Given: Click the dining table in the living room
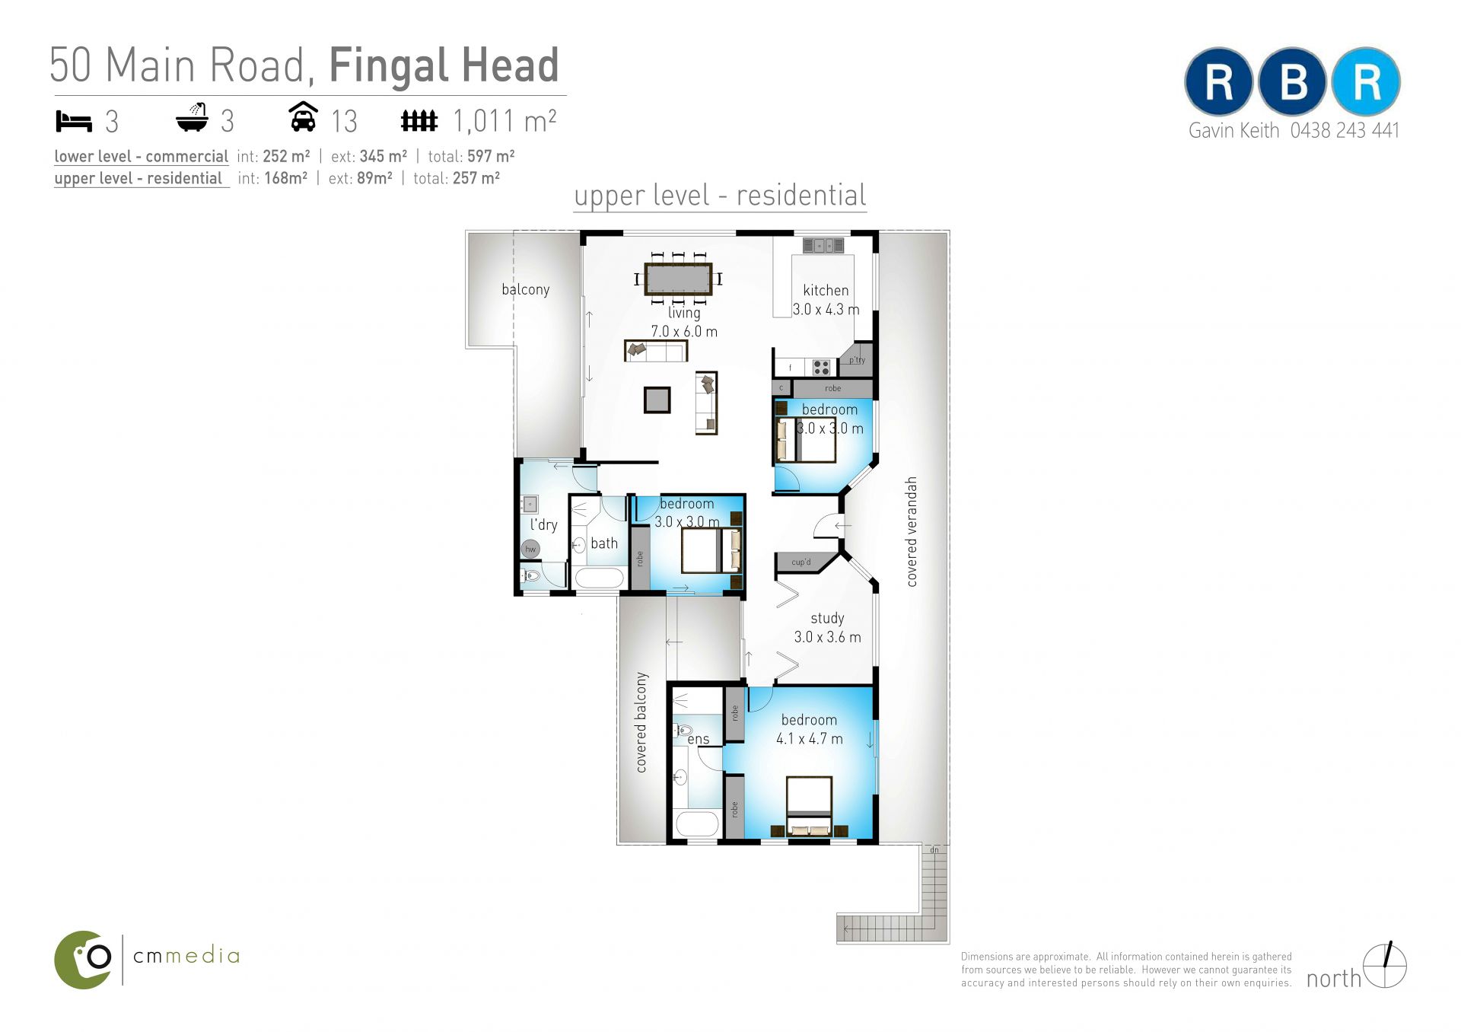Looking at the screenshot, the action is point(678,279).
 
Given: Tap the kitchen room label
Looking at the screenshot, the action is point(826,290).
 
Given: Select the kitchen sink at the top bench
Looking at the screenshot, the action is point(823,245).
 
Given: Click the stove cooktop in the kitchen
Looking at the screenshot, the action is point(821,368).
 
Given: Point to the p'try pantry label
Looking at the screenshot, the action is point(857,360).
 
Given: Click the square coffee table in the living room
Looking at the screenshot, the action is point(657,400).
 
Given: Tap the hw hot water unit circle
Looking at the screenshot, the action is point(530,549).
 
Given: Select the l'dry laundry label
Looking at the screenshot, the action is point(543,524).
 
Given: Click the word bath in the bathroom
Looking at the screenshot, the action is point(604,543).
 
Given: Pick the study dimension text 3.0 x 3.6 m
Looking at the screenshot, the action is point(827,637).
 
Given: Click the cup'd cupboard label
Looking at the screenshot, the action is point(801,562).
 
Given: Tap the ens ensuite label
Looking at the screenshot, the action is point(699,739).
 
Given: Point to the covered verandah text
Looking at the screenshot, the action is point(912,531).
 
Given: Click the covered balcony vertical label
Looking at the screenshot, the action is point(641,722).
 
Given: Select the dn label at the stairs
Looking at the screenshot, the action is point(934,849).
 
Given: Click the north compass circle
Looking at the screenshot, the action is point(1385,967).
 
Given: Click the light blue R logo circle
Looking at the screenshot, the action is point(1367,81).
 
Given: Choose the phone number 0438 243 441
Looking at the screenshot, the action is point(1345,131).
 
